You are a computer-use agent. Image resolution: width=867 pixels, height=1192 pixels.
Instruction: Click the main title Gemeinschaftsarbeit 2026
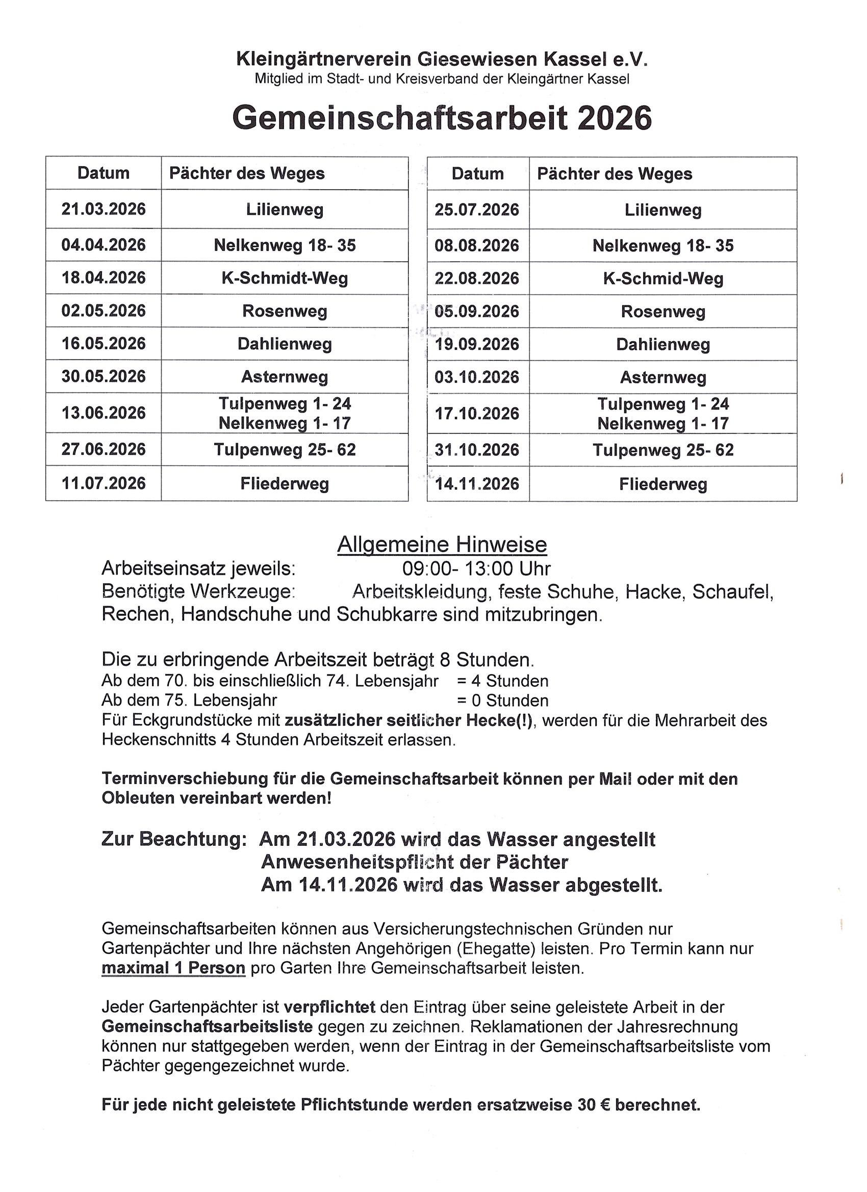[x=442, y=118]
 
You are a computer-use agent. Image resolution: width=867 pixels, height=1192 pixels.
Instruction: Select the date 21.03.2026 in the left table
[x=104, y=209]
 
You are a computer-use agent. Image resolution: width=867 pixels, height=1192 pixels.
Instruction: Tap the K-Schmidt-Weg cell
[x=285, y=278]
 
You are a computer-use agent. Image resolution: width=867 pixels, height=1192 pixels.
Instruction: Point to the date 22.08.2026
[x=477, y=278]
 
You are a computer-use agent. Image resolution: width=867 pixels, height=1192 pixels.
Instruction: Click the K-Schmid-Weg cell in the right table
[x=663, y=278]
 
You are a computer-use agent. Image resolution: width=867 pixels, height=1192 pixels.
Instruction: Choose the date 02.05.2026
[x=104, y=310]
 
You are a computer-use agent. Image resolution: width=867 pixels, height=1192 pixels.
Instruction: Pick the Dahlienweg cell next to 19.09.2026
[x=663, y=345]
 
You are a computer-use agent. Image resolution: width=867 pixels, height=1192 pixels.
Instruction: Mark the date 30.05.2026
[x=104, y=376]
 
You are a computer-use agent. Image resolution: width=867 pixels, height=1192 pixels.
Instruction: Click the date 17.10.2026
[x=477, y=413]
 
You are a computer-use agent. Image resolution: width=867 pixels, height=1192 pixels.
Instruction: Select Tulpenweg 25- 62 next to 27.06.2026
[x=285, y=450]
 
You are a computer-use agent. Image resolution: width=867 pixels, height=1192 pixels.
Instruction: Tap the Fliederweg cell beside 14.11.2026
[x=663, y=484]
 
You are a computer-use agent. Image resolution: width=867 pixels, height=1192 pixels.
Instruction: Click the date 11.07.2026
[x=104, y=483]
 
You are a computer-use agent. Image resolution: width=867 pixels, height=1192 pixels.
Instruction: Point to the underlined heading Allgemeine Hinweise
[x=442, y=545]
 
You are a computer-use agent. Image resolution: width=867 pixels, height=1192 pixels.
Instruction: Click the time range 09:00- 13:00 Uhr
[x=476, y=568]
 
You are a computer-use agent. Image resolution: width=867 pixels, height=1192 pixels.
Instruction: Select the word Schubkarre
[x=387, y=614]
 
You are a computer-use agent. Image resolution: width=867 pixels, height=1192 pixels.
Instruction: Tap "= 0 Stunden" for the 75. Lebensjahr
[x=503, y=701]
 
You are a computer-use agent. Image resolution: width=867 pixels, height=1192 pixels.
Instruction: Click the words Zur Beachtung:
[x=174, y=839]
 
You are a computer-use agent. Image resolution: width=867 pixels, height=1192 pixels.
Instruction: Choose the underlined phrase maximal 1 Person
[x=173, y=968]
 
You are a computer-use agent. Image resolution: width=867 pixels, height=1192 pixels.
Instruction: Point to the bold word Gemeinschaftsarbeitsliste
[x=207, y=1026]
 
